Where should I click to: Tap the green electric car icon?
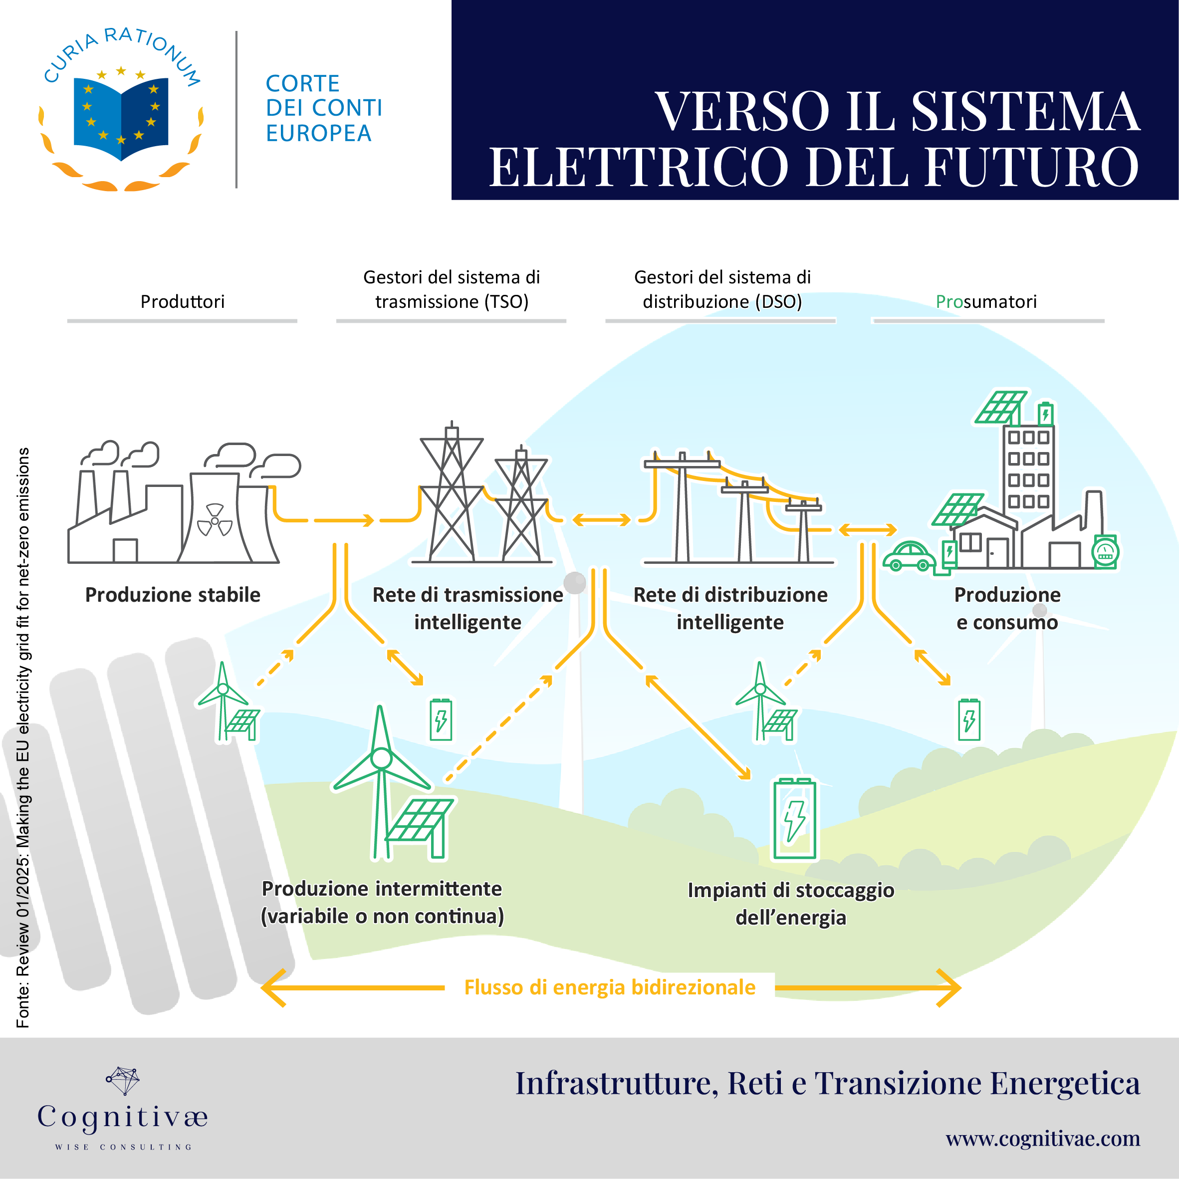(x=909, y=555)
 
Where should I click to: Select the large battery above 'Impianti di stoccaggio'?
(x=794, y=818)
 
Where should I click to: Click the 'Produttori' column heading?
(x=183, y=301)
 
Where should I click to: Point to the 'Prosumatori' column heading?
(x=986, y=301)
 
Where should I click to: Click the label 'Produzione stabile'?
(x=173, y=594)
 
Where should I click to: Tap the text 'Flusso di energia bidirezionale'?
(x=610, y=987)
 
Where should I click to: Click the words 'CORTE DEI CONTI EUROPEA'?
(x=324, y=108)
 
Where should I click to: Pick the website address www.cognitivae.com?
(x=1043, y=1138)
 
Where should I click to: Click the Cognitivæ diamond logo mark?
(x=123, y=1081)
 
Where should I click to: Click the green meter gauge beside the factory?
(x=1105, y=552)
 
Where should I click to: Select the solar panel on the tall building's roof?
(x=1001, y=407)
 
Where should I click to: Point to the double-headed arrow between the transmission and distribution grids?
(x=601, y=519)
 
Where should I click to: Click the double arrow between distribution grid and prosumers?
(x=868, y=530)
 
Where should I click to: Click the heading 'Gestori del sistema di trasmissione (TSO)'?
(x=452, y=289)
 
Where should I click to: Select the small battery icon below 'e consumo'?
(x=969, y=720)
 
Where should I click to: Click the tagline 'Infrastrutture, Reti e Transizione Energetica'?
(x=828, y=1084)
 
